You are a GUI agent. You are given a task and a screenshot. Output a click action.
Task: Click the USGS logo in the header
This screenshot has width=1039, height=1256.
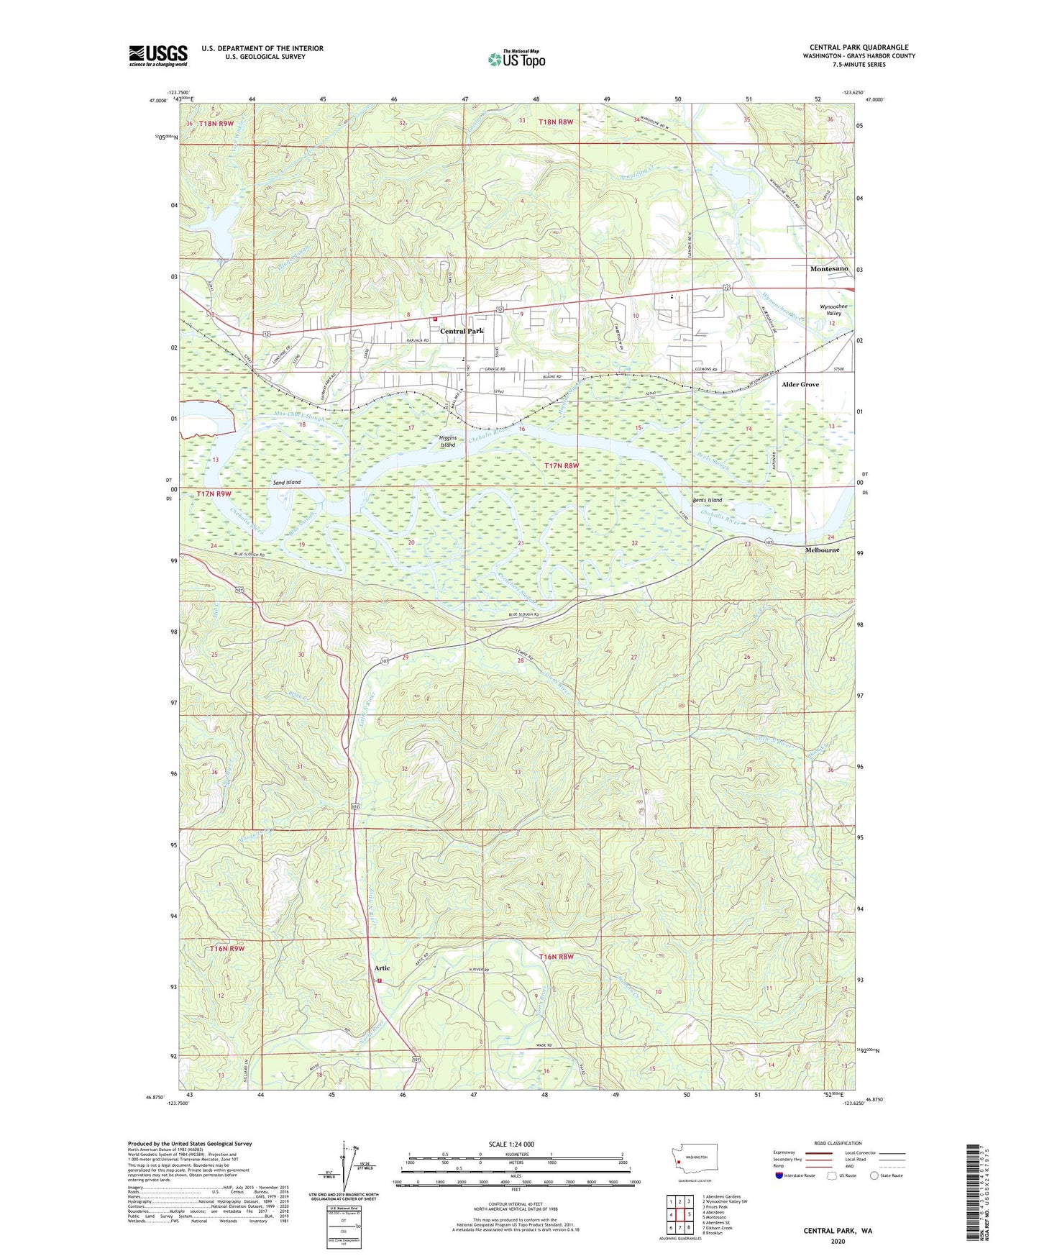pos(158,55)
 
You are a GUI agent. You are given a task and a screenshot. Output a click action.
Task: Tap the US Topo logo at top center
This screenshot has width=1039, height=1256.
pos(516,59)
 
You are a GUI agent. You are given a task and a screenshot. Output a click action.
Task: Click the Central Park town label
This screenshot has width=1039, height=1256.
pos(462,331)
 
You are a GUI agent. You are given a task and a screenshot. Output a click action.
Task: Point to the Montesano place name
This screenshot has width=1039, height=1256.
pos(829,268)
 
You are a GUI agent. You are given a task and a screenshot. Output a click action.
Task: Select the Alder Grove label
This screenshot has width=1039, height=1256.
pos(800,384)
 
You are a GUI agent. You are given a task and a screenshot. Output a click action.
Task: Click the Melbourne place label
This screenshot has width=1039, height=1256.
pos(821,550)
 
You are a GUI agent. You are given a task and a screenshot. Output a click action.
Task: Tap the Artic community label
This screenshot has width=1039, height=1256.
pos(382,968)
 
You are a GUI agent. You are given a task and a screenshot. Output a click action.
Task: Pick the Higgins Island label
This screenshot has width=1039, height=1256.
pos(448,441)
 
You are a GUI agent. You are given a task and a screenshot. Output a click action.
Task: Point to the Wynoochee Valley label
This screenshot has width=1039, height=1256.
pos(833,310)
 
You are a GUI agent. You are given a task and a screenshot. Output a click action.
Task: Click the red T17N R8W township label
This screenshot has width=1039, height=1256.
pos(561,466)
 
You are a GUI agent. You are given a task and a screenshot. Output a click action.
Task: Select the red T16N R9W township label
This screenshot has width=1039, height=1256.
pos(228,949)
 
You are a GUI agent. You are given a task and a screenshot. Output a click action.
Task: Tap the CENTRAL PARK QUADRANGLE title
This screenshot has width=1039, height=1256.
pos(859,47)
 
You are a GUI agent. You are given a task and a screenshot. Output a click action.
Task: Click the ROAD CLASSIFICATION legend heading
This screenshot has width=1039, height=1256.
pos(838,1143)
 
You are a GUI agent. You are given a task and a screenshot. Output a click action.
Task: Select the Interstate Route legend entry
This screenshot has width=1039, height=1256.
pos(796,1175)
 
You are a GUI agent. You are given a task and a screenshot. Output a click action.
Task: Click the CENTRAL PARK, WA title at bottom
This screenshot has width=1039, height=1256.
pos(838,1231)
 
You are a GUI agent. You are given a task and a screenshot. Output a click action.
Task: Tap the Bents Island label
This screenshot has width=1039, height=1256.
pos(706,500)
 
